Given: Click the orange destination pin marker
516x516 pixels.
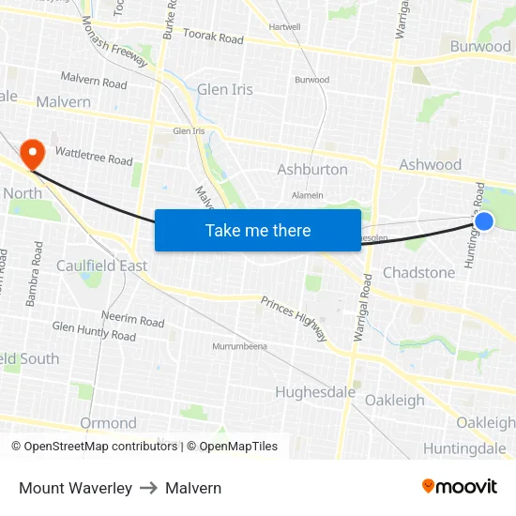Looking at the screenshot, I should pyautogui.click(x=33, y=153).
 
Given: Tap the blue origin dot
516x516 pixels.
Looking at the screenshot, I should pyautogui.click(x=484, y=221).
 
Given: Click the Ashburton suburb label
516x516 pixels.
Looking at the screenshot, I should pyautogui.click(x=312, y=170).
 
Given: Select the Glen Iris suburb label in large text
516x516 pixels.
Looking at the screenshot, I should pyautogui.click(x=225, y=90).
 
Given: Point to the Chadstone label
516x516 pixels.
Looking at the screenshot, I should pyautogui.click(x=418, y=273).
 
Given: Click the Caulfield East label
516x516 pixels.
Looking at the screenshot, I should pyautogui.click(x=102, y=266).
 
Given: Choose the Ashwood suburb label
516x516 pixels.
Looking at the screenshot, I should pyautogui.click(x=430, y=165).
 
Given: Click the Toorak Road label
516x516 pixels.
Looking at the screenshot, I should pyautogui.click(x=213, y=39).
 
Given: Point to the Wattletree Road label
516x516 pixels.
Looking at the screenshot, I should pyautogui.click(x=93, y=155).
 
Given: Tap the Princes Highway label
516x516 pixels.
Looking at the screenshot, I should pyautogui.click(x=294, y=318).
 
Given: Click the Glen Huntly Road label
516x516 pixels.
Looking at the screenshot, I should pyautogui.click(x=94, y=331).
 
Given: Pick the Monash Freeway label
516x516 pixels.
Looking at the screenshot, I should pyautogui.click(x=114, y=42).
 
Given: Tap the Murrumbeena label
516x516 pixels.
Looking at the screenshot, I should pyautogui.click(x=240, y=346).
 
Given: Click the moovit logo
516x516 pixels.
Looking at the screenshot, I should pyautogui.click(x=459, y=486).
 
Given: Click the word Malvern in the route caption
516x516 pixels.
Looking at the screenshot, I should pyautogui.click(x=193, y=488).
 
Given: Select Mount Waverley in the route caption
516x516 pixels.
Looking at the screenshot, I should pyautogui.click(x=75, y=488).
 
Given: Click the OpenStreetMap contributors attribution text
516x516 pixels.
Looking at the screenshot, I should pyautogui.click(x=94, y=447).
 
